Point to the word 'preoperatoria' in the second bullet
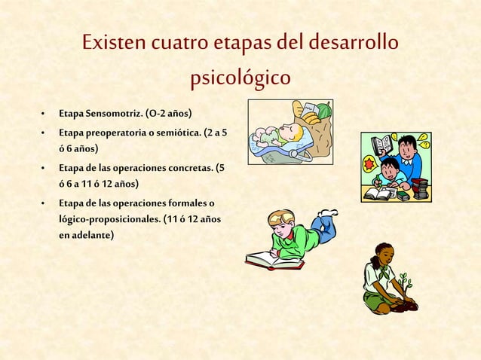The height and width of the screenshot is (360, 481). pyautogui.click(x=117, y=133)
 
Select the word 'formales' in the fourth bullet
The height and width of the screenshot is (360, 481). pyautogui.click(x=183, y=202)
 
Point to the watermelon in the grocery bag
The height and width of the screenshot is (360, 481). pyautogui.click(x=323, y=111)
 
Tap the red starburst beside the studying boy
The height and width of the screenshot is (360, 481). pyautogui.click(x=369, y=165)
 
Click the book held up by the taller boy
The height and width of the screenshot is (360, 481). pyautogui.click(x=382, y=144)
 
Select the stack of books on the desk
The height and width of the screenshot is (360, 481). pyautogui.click(x=421, y=188)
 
